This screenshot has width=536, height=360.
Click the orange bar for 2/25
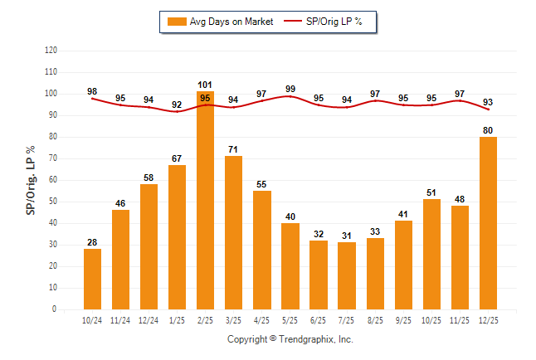click(205, 199)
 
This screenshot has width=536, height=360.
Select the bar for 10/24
click(92, 279)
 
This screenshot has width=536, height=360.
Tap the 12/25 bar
click(487, 222)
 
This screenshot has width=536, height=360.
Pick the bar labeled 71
click(233, 232)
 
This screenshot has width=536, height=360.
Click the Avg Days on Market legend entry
click(217, 22)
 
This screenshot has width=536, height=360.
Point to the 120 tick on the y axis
click(51, 51)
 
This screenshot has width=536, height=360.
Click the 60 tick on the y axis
click(52, 180)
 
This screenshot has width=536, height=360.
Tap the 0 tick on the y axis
click(55, 309)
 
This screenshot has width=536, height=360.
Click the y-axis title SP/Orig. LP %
click(31, 180)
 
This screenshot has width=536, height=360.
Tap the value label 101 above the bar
click(205, 85)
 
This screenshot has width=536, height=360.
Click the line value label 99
click(290, 89)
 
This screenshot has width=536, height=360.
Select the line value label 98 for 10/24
click(92, 91)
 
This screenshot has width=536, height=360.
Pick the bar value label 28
click(92, 242)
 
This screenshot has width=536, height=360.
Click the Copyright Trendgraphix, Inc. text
click(290, 339)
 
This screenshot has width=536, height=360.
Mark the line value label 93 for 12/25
click(487, 102)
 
